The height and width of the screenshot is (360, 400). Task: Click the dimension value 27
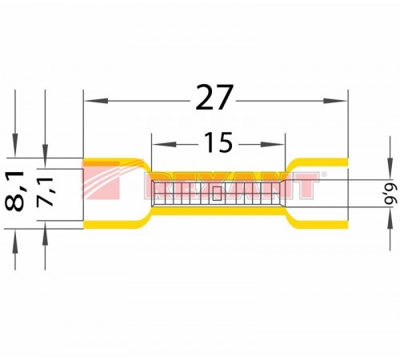tap(214, 98)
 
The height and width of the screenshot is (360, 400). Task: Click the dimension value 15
tap(218, 142)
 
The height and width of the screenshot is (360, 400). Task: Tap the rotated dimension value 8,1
tap(14, 191)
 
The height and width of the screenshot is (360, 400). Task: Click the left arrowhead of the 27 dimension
tap(96, 101)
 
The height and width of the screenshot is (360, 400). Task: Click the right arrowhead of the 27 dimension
tap(335, 101)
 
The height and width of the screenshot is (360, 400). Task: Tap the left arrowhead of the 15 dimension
tap(165, 145)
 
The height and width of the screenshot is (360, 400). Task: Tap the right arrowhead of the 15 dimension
tap(272, 145)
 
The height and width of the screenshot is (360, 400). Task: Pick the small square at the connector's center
tap(217, 194)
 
